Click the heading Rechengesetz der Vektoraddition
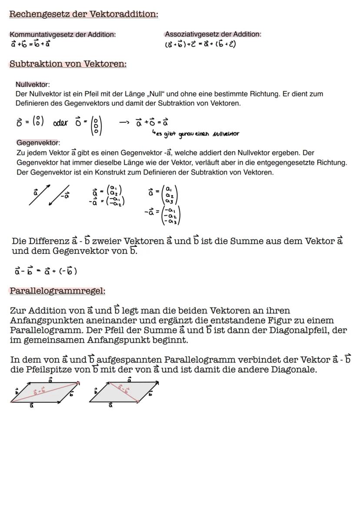coord(83,14)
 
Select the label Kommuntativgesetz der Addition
coord(63,34)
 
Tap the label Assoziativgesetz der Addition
coord(213,34)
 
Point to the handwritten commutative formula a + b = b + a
coord(30,44)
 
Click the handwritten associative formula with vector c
coord(200,44)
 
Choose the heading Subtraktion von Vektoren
coord(68,64)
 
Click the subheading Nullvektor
coord(33,84)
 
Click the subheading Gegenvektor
coord(38,143)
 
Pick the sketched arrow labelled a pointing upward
coord(39,196)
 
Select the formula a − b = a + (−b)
coord(46,271)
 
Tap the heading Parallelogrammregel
coord(57,291)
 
